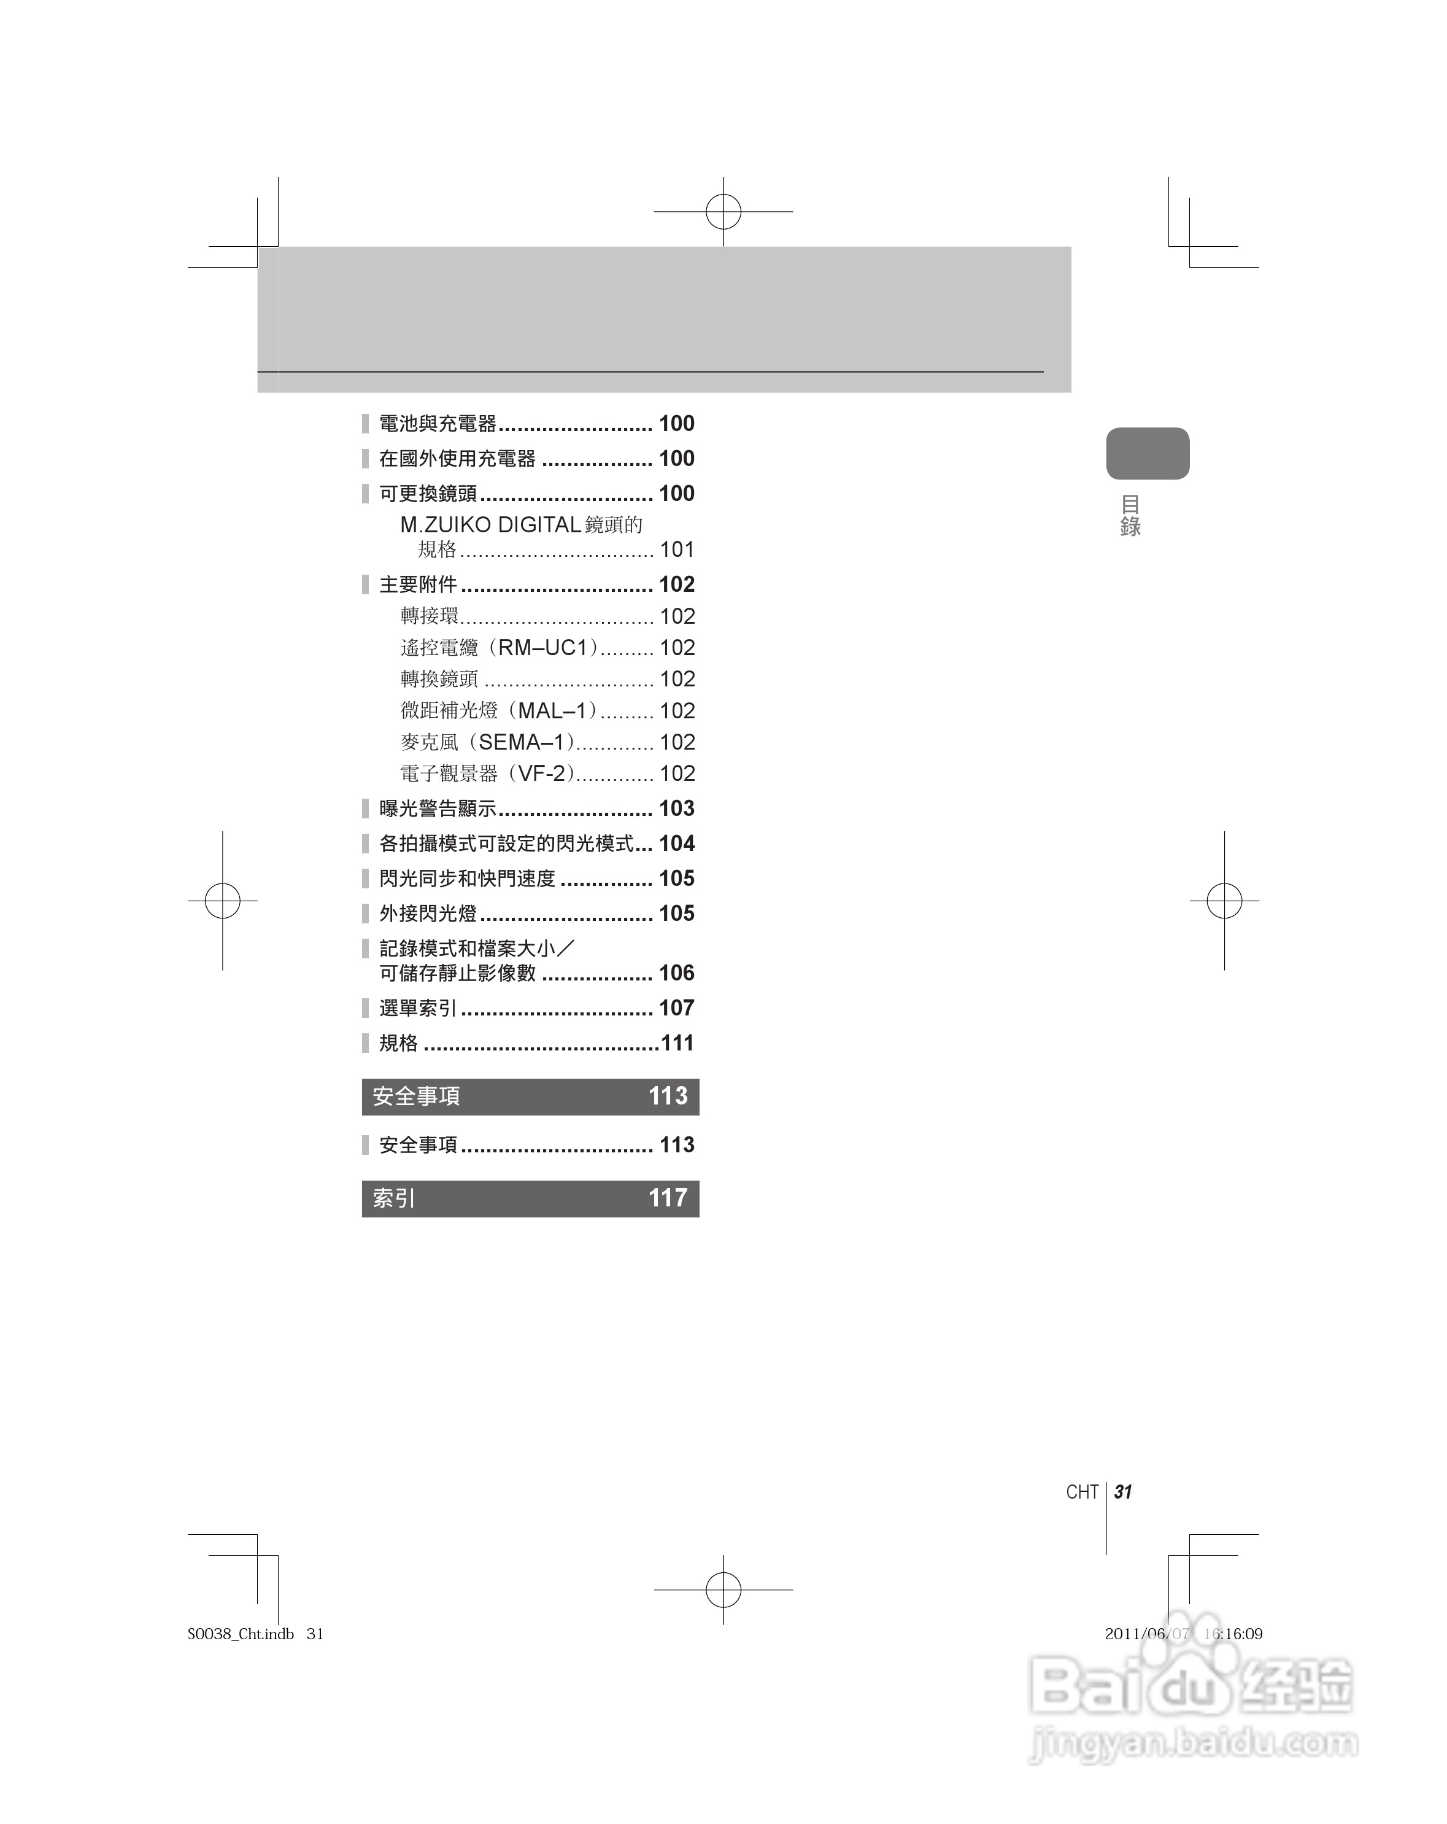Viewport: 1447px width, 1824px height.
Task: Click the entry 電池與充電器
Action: [437, 424]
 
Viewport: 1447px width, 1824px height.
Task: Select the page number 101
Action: [677, 550]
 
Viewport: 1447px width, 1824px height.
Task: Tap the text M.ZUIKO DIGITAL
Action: [490, 526]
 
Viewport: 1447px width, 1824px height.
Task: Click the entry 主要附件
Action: [418, 584]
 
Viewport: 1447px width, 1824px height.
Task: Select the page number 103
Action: [677, 809]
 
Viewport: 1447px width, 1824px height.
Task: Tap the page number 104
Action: [677, 844]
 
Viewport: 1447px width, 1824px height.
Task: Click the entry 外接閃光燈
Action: [428, 914]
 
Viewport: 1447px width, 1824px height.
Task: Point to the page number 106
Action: [677, 973]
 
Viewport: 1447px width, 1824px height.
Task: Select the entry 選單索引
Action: [418, 1009]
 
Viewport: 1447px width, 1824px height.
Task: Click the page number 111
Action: [677, 1043]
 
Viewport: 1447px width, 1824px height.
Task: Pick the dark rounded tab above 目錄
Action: [1147, 454]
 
